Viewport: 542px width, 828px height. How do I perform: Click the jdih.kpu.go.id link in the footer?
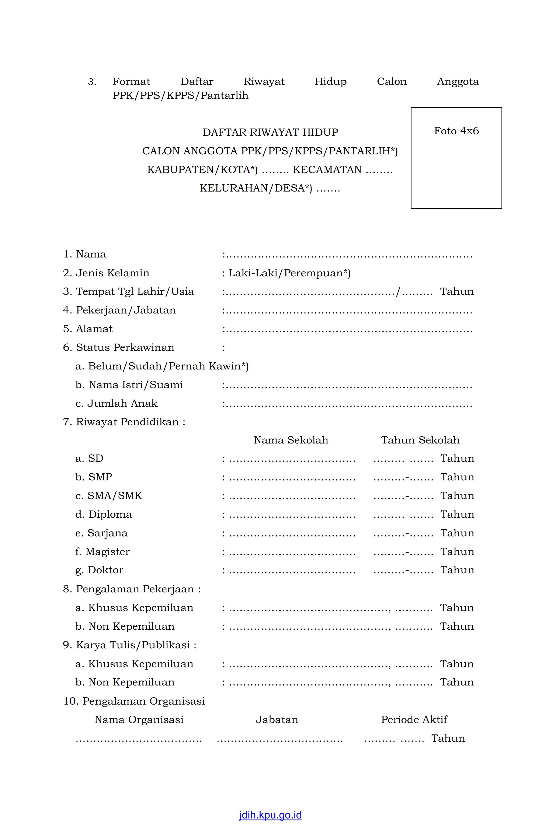click(270, 815)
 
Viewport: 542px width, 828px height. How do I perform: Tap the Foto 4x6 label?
click(456, 131)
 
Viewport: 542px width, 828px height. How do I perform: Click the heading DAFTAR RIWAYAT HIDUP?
click(270, 132)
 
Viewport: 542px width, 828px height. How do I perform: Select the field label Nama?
click(91, 254)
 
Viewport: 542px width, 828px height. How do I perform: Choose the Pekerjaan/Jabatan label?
click(126, 310)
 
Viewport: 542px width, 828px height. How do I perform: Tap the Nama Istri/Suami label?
click(135, 385)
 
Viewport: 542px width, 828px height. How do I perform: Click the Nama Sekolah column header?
click(291, 440)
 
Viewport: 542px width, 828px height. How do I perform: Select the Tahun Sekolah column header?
click(420, 440)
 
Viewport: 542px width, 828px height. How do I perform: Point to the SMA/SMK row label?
click(115, 495)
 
